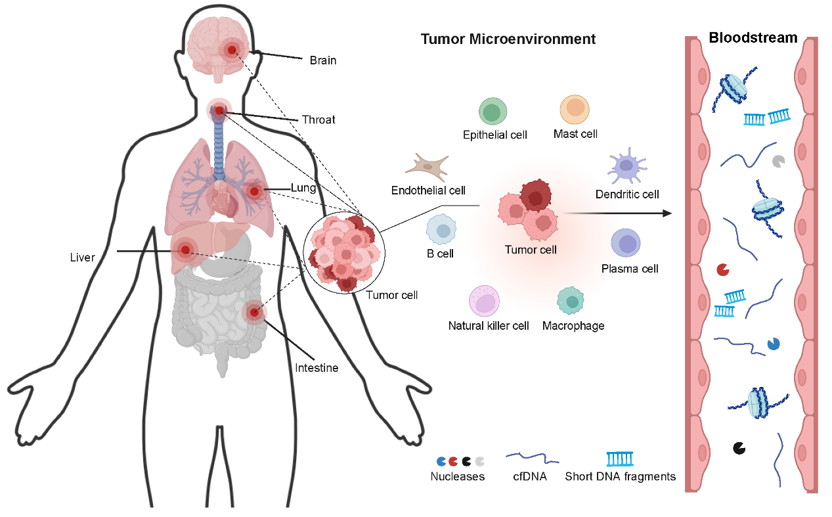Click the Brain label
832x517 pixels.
323,60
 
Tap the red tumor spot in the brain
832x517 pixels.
232,50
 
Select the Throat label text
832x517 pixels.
318,120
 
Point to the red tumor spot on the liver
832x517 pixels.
185,250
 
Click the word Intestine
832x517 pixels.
317,368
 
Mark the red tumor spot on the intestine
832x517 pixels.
254,312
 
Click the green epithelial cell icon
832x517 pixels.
493,111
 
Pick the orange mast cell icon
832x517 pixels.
575,109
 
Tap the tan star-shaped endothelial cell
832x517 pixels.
427,167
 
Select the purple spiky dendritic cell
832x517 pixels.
626,166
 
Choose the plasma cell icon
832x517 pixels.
626,243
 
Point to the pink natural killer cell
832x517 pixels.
484,301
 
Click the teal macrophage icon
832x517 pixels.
571,301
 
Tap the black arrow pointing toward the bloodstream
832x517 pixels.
617,214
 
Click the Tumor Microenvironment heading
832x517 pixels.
508,39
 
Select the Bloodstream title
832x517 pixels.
753,38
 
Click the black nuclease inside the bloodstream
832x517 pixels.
739,448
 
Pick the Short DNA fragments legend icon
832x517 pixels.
620,459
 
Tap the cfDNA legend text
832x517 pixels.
530,476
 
